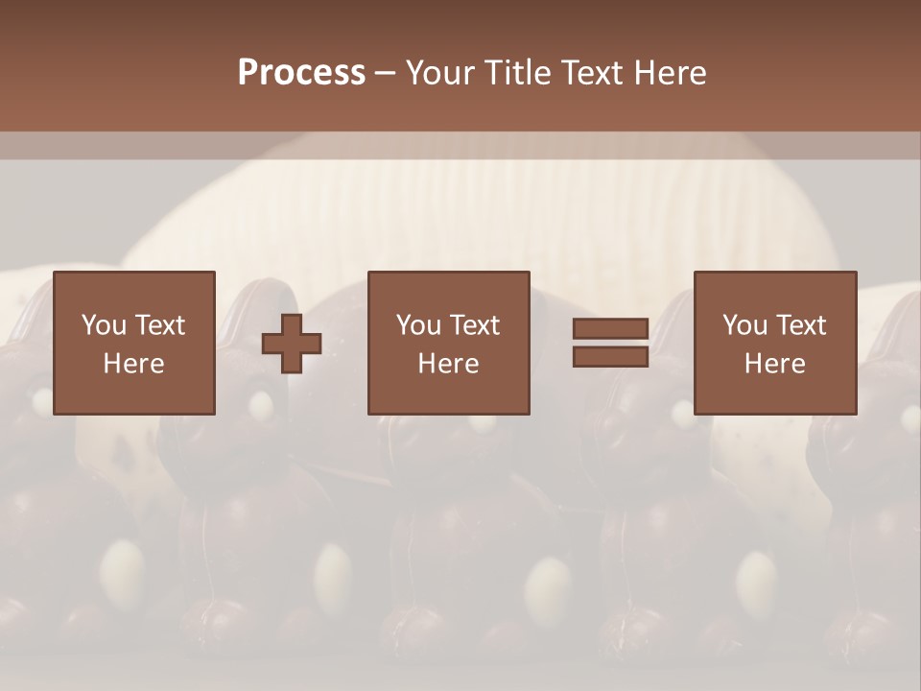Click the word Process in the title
tap(301, 73)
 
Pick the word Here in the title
tap(673, 73)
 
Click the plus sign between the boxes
tap(292, 344)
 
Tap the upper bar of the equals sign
tap(610, 329)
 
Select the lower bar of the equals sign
tap(610, 356)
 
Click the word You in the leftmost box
tap(104, 325)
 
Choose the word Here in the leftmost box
tap(133, 364)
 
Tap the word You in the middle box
tap(418, 325)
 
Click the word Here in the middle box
tap(448, 364)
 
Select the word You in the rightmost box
tap(744, 325)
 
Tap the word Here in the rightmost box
tap(774, 364)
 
